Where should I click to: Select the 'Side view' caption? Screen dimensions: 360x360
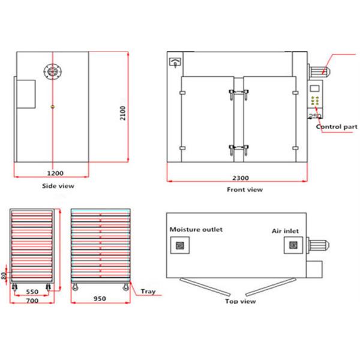pos(58,186)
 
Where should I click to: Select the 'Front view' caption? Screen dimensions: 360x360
pos(244,190)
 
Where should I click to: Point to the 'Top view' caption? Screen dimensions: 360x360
pos(239,301)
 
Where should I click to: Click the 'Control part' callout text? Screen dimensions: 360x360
pos(337,127)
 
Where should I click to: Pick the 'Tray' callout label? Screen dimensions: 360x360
pos(148,292)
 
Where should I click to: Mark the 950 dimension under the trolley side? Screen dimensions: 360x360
pos(100,299)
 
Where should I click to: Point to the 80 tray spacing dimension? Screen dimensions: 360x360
pos(4,276)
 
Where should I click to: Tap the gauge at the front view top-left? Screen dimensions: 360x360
pos(175,61)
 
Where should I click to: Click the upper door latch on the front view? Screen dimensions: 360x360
pos(238,92)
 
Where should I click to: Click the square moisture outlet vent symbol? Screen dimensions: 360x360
pos(179,245)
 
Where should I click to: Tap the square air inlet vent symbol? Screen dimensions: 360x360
pos(293,245)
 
